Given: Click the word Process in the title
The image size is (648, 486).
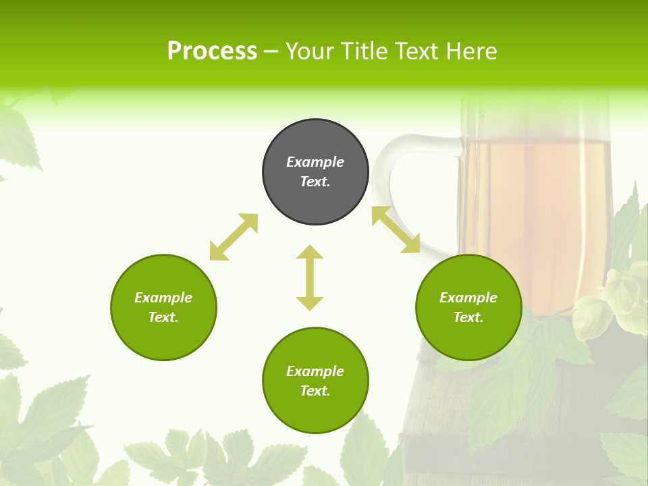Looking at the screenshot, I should [x=212, y=51].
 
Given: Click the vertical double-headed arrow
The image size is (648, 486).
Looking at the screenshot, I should [x=310, y=277].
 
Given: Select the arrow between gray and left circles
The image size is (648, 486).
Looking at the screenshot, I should [x=234, y=237].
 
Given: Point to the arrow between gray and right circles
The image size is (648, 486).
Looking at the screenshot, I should [x=396, y=230].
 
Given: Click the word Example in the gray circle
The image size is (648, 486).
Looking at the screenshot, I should [x=315, y=162].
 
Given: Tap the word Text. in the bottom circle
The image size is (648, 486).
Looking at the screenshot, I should [x=315, y=391].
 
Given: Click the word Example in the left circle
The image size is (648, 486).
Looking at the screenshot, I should [x=163, y=298].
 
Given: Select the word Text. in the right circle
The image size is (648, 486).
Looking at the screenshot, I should [x=468, y=317].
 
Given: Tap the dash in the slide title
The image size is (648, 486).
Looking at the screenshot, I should [x=271, y=52].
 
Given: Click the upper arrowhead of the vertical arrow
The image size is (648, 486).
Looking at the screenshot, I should [x=310, y=252].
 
